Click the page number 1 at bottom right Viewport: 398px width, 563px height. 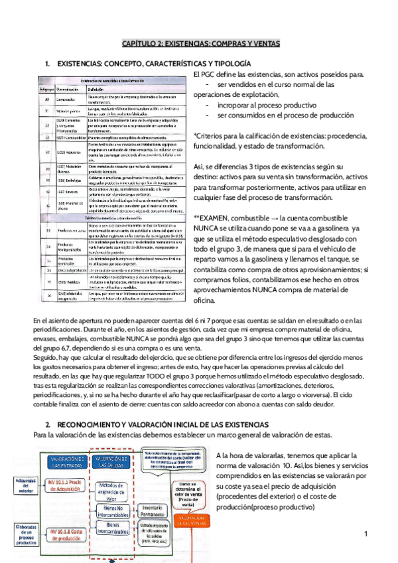(365, 534)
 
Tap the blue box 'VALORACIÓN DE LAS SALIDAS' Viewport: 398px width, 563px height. (111, 461)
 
